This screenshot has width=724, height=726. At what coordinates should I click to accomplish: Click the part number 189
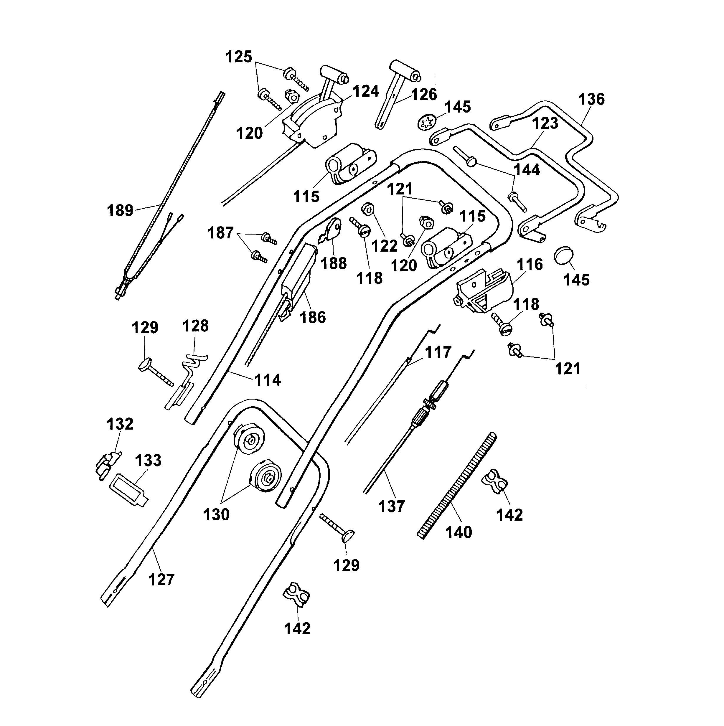(x=120, y=210)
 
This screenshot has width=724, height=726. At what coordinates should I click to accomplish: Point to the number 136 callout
(x=591, y=99)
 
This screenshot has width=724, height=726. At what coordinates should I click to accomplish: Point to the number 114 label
(x=268, y=380)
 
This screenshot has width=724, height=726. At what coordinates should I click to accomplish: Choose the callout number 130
(x=216, y=514)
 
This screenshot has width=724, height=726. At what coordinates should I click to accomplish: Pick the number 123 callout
(x=545, y=123)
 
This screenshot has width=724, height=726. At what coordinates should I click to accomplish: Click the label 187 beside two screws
(x=220, y=233)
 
